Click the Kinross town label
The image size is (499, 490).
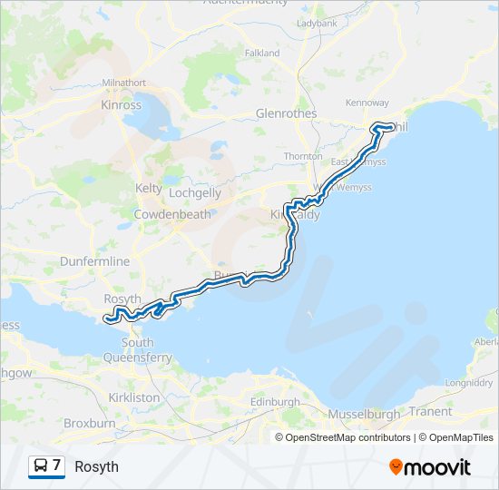point(121,105)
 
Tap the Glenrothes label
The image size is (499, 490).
point(286,114)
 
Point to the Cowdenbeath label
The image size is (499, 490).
point(172,215)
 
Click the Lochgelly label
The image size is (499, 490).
point(194,193)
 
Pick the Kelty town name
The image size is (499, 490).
point(149,189)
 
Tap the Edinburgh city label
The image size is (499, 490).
point(274,402)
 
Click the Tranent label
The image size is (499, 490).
point(430,411)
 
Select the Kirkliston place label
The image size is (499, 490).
point(133,397)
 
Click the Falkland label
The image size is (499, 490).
point(262,54)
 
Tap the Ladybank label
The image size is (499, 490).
point(316,23)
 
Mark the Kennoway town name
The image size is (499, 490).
point(367,103)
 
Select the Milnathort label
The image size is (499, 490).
point(124,83)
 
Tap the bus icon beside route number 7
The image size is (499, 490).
point(42,466)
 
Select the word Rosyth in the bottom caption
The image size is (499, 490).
point(96,467)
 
